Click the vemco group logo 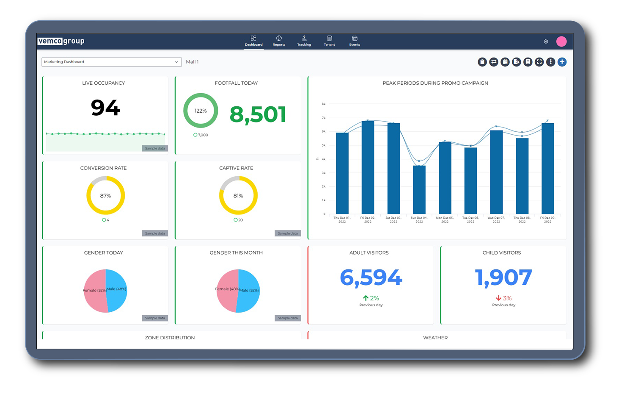[61, 41]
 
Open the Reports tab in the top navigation [279, 41]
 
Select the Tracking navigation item [304, 41]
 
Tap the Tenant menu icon [329, 39]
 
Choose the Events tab [355, 41]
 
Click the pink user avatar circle [561, 41]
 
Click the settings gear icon [546, 42]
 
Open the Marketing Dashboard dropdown [111, 62]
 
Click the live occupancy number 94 [105, 108]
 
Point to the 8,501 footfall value [258, 114]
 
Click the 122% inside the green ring [201, 111]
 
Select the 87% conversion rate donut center [105, 196]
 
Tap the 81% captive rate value [238, 196]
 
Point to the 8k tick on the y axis [324, 104]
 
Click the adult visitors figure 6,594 [371, 277]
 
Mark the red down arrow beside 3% [498, 298]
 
